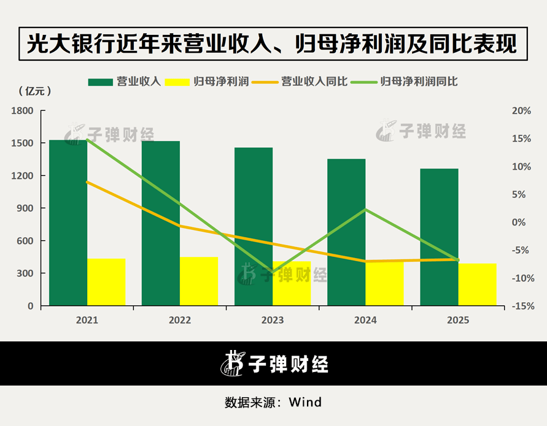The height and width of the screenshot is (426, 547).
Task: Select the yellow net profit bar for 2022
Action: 199,281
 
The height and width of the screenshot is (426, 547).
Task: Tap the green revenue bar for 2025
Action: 439,237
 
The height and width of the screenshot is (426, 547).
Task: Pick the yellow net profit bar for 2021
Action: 106,282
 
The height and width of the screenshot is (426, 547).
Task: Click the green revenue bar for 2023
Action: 254,227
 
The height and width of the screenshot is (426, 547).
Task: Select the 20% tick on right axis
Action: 521,111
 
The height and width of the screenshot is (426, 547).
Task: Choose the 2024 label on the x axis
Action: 365,320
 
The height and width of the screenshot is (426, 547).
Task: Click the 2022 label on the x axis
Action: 180,320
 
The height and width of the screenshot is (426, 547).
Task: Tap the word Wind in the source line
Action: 305,403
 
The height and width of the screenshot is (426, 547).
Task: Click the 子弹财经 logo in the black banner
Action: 274,363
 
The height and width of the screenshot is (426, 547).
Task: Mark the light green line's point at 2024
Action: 365,210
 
